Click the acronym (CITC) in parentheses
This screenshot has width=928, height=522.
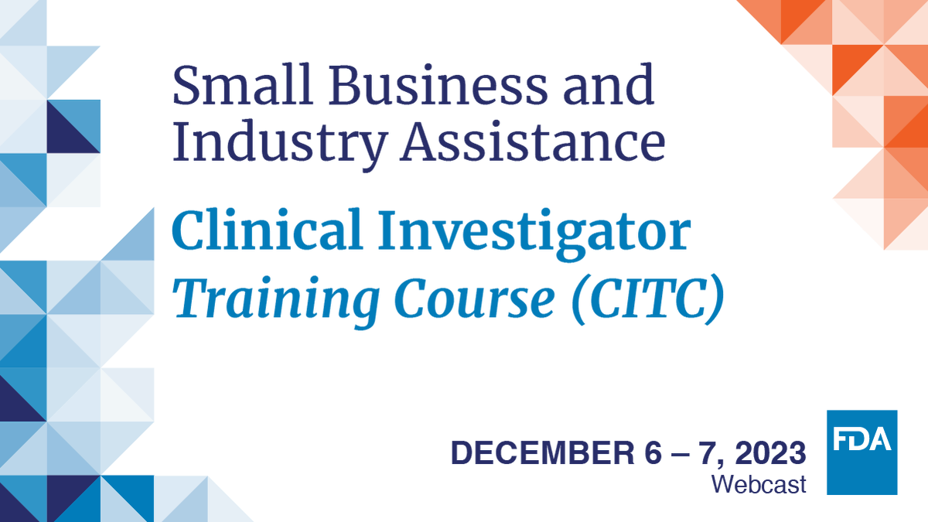[646, 299]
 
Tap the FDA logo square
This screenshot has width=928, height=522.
[861, 452]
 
